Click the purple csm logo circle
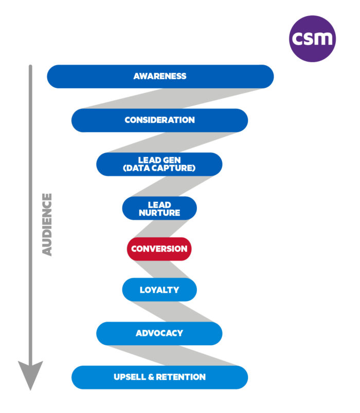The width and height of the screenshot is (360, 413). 312,39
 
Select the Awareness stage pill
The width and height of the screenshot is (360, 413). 160,77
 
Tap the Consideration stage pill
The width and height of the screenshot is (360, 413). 159,120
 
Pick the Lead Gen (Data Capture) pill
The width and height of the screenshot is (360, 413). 159,164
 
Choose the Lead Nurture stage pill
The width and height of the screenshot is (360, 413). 159,208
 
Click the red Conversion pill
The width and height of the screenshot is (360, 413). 159,249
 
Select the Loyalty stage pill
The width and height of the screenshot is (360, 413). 159,290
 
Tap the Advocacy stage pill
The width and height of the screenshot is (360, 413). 159,333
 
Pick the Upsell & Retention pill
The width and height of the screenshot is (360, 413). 159,377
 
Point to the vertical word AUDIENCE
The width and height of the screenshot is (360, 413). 47,224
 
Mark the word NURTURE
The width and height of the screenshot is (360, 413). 159,213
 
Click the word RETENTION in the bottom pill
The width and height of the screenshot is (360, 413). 181,377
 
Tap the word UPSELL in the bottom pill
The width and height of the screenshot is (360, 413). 130,377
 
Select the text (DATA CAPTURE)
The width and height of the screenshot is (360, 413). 159,168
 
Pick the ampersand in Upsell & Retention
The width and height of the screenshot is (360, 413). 151,377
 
